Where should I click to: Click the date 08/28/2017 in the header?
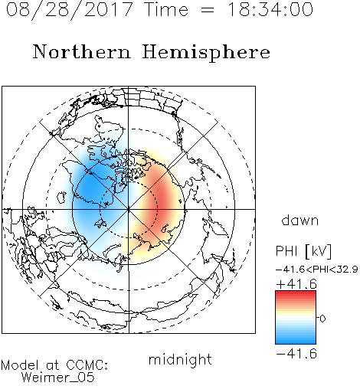tap(70, 10)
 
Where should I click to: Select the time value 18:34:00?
tap(270, 9)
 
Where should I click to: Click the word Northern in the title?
tap(81, 51)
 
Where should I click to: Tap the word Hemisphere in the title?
tap(206, 53)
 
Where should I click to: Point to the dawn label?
tap(300, 220)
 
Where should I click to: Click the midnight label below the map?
tap(180, 359)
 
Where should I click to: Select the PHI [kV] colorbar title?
tap(303, 251)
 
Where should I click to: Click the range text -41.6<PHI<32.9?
tap(316, 270)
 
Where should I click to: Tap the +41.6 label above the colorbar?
tap(296, 284)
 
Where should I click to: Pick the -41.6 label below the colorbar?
tap(296, 354)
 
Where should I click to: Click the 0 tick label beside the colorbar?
tap(322, 319)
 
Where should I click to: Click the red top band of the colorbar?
tap(296, 293)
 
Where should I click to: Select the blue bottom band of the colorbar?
tap(296, 341)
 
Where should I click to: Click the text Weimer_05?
tap(57, 378)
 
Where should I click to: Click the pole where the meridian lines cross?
tap(129, 209)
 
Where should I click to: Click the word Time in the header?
tap(166, 9)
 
